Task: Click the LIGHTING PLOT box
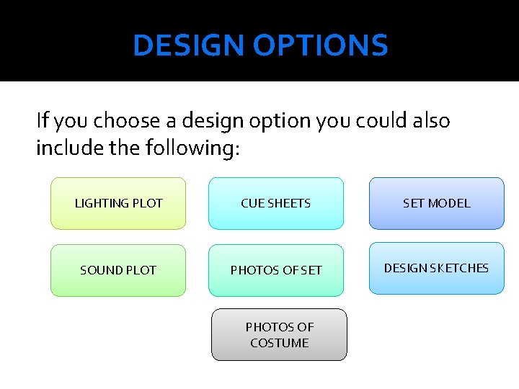[118, 203]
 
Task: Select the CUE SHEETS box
[275, 203]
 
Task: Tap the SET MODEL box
[436, 203]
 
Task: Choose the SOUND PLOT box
[118, 270]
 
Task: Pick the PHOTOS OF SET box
[275, 270]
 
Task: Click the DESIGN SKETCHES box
[436, 268]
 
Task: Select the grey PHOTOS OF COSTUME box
[279, 335]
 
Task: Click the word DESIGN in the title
[188, 46]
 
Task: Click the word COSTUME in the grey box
[279, 344]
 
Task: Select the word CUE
[252, 203]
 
